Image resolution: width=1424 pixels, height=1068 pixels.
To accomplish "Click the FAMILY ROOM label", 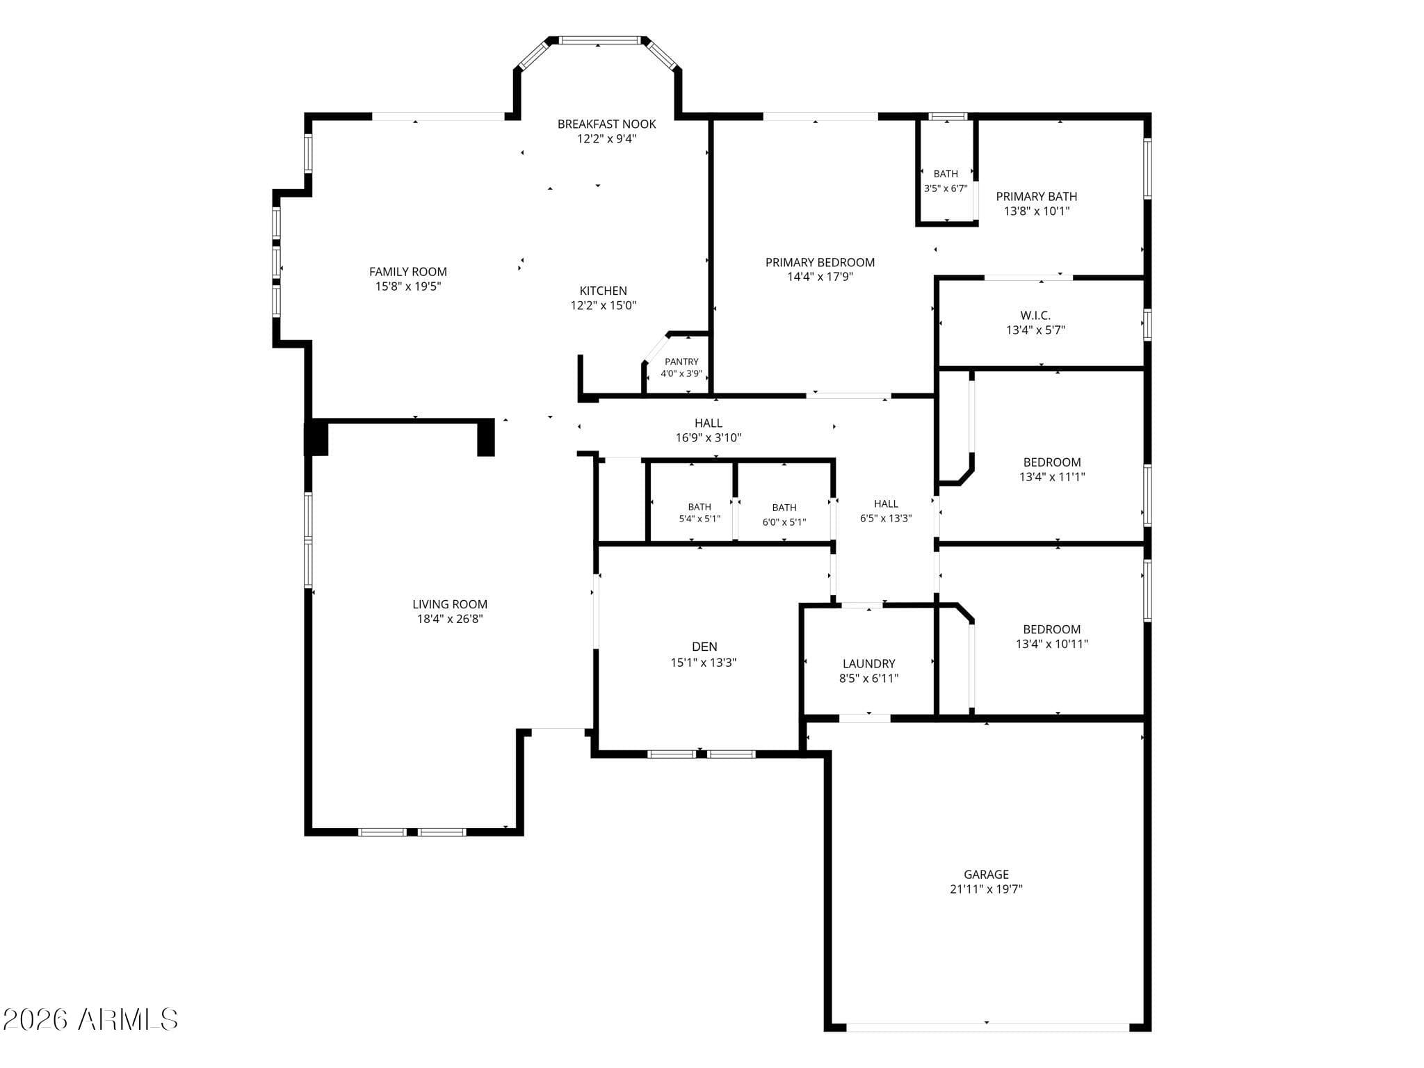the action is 408,272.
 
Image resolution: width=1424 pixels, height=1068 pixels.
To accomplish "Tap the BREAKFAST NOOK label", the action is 607,124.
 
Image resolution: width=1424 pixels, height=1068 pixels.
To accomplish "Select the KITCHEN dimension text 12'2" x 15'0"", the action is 604,305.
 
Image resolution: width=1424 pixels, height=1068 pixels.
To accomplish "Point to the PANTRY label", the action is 681,362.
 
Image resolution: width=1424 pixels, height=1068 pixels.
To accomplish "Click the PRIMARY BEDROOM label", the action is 820,262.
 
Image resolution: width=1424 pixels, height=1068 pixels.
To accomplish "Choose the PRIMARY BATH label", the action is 1037,197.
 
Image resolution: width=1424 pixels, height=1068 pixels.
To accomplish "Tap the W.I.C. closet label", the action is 1036,316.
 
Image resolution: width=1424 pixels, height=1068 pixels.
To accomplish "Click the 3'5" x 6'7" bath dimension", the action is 946,188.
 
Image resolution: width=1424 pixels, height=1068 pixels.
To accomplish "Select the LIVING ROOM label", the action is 450,604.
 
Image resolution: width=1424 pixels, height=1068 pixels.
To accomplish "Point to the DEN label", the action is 704,647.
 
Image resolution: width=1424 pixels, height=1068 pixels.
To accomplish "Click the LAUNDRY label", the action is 869,664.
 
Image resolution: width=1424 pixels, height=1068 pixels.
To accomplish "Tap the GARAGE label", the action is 987,875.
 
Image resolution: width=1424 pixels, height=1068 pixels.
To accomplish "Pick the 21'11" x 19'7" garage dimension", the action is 987,889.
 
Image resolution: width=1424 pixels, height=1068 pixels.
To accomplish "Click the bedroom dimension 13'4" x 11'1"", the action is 1052,477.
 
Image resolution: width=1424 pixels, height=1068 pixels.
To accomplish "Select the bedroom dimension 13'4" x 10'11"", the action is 1052,644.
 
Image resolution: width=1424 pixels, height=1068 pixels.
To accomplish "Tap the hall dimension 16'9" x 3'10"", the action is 709,438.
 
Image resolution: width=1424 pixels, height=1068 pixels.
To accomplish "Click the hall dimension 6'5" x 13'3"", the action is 886,518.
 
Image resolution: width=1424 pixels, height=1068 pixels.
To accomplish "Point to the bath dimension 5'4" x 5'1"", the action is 699,519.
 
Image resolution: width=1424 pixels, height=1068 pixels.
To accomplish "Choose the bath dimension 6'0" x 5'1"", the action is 784,522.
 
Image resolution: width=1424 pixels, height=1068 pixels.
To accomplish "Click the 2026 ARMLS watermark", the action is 90,1020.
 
